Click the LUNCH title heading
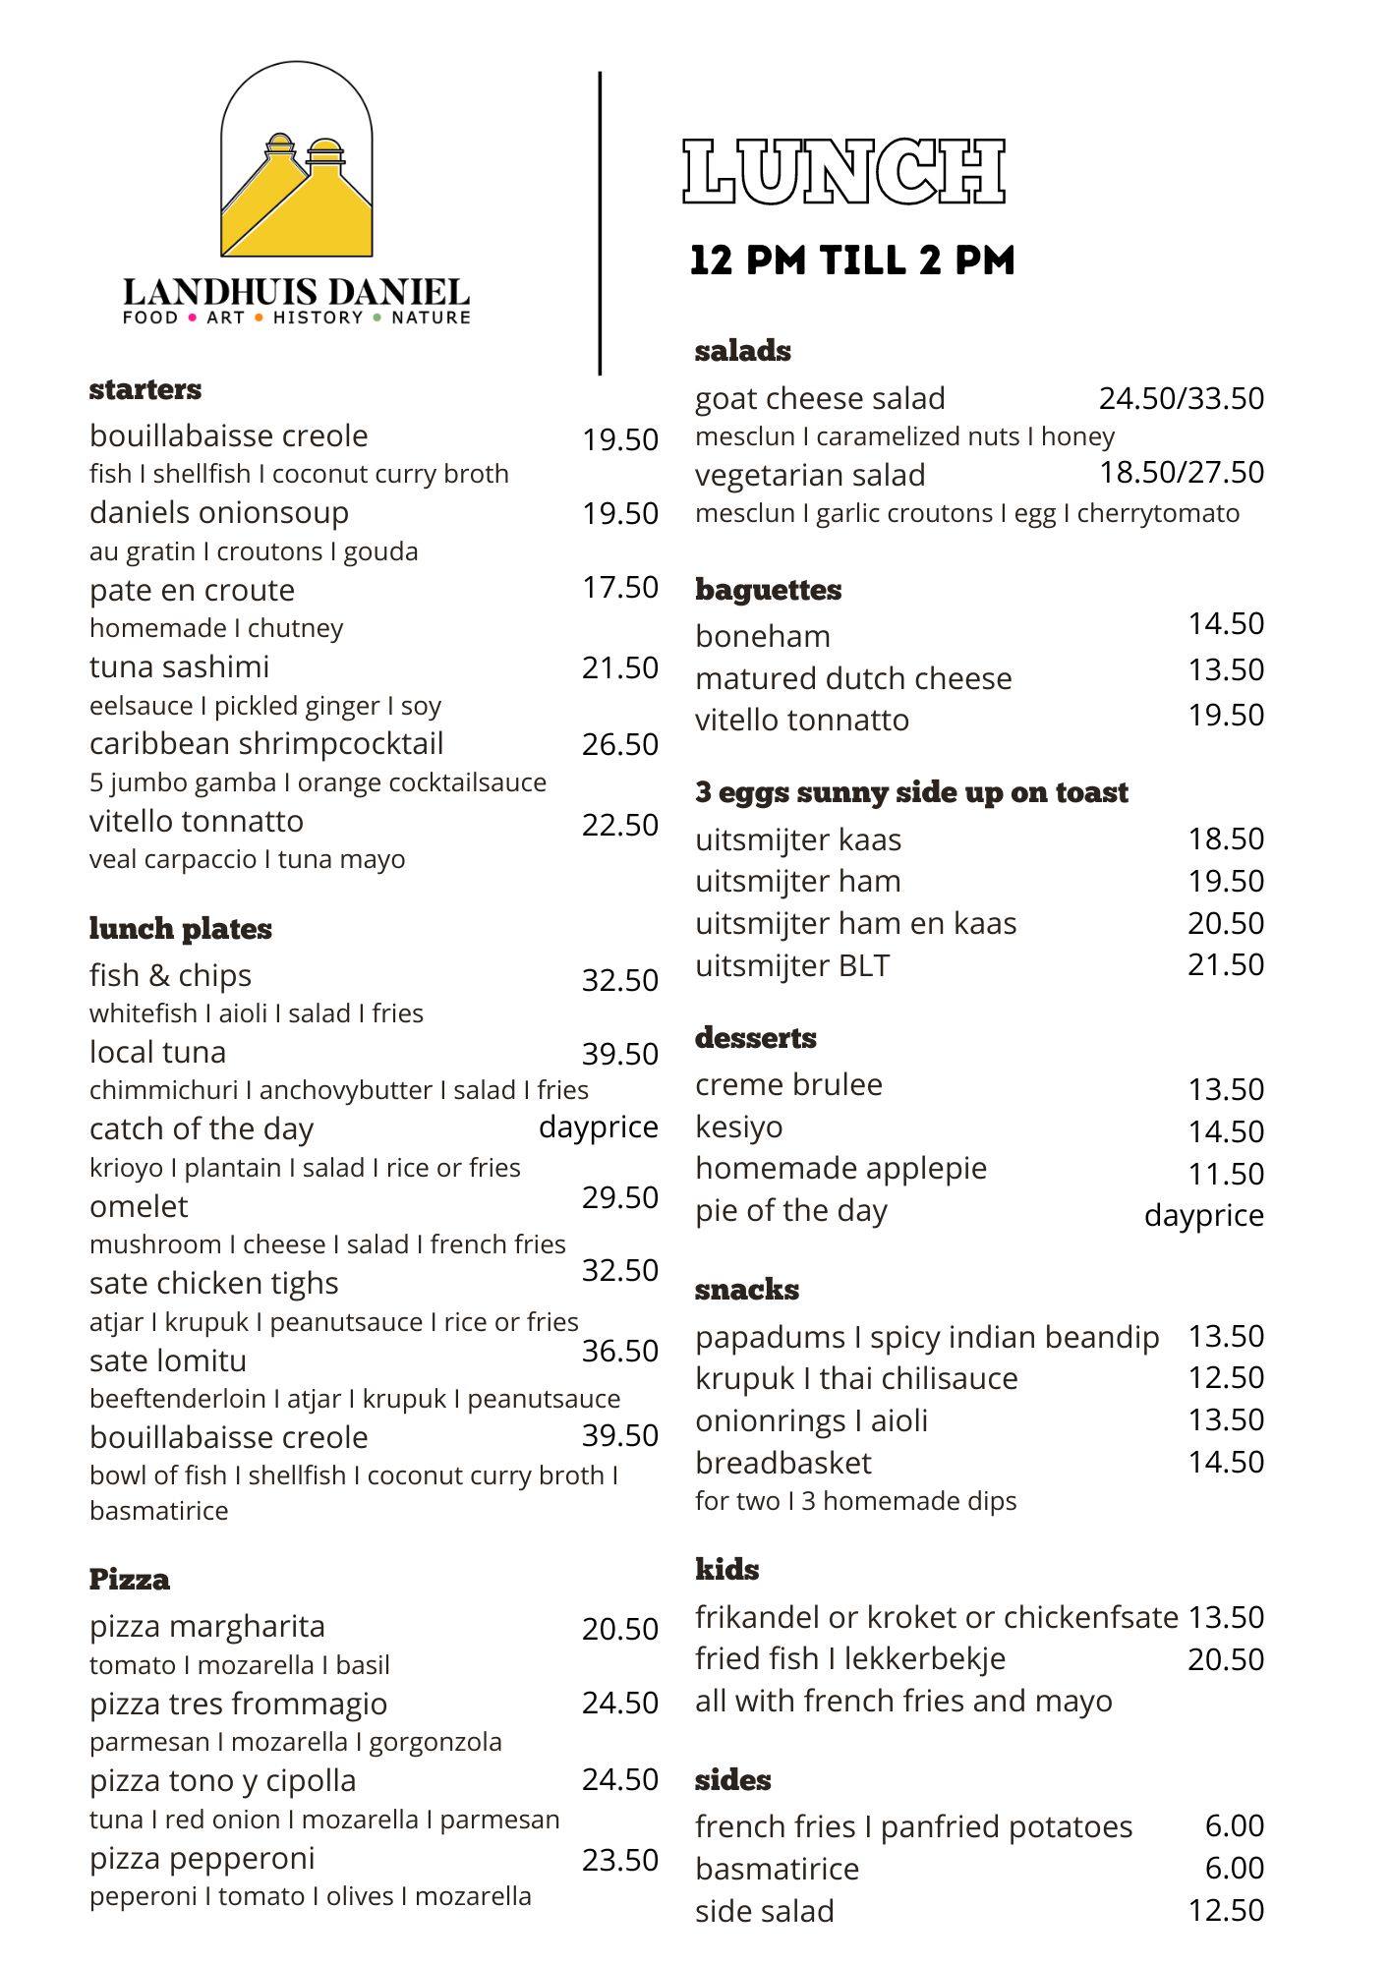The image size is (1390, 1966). tap(843, 172)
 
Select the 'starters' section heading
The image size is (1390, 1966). tap(145, 389)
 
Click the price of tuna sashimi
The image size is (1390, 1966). tap(619, 668)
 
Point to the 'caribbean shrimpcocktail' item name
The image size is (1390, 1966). tap(266, 744)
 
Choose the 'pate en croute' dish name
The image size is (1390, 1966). tap(192, 590)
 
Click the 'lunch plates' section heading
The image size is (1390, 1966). tap(180, 929)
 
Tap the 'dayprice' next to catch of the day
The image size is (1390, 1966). tap(598, 1127)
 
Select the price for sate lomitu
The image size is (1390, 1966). tap(619, 1351)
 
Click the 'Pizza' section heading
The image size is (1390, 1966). tap(129, 1580)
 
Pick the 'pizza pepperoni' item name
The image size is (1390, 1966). tap(202, 1859)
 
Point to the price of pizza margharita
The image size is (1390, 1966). tap(619, 1629)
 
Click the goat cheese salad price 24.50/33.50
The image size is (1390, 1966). tap(1181, 398)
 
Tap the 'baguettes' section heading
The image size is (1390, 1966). tap(768, 590)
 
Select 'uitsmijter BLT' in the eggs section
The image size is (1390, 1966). tap(792, 966)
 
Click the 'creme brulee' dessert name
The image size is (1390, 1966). tap(788, 1085)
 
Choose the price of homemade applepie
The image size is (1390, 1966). tap(1225, 1174)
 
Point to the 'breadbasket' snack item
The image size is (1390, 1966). tap(782, 1464)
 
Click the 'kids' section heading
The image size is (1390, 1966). tap(726, 1570)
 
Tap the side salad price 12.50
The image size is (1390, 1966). tap(1225, 1910)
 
